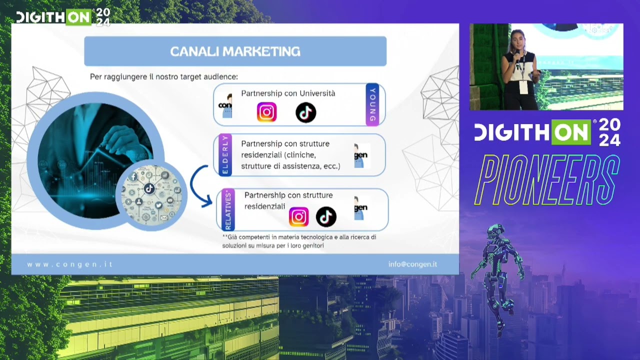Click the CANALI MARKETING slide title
click(x=235, y=51)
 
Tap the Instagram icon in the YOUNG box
click(x=266, y=112)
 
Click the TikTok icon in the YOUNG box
click(x=305, y=112)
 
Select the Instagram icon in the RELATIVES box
click(x=298, y=217)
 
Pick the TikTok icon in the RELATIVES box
click(x=326, y=217)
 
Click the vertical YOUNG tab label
click(x=372, y=104)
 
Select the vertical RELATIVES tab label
click(x=228, y=209)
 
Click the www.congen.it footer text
click(x=69, y=264)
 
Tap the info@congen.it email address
click(x=412, y=264)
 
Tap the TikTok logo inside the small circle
click(x=149, y=188)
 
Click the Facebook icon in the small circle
click(x=133, y=177)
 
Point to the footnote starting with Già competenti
click(x=299, y=241)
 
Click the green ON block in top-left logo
click(x=79, y=17)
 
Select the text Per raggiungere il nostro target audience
click(x=163, y=76)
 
